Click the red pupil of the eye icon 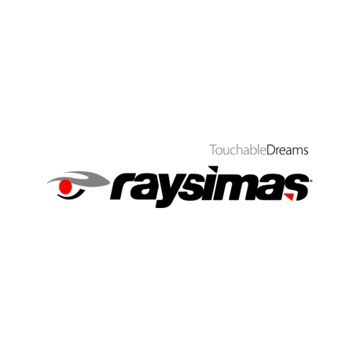66,186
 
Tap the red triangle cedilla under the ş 290,197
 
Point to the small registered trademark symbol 311,181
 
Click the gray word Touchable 238,150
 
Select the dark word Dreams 287,150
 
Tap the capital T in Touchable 213,150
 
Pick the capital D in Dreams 271,150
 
